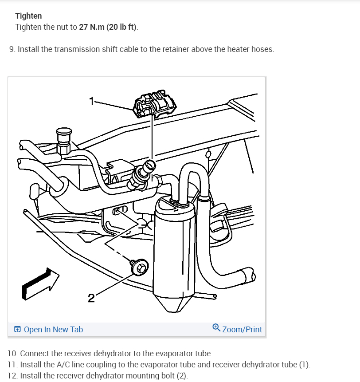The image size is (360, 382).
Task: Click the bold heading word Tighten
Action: tap(28, 16)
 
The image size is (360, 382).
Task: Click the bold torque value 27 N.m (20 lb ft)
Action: tap(108, 27)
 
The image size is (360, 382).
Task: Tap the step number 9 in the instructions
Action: tap(11, 49)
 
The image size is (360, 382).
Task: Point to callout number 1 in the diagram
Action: tap(91, 101)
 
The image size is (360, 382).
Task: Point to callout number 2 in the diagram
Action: tap(91, 298)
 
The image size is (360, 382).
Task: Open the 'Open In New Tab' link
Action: tap(53, 330)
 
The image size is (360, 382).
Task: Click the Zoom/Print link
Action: tap(242, 330)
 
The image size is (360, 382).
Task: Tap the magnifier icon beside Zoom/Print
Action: tap(216, 328)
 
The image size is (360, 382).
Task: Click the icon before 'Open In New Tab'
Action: tap(17, 330)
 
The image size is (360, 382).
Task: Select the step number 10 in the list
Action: tap(12, 354)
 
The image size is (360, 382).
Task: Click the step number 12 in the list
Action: tap(12, 376)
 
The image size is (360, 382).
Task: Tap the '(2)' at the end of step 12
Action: tap(182, 376)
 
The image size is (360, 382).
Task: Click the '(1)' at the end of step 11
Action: tap(304, 365)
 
